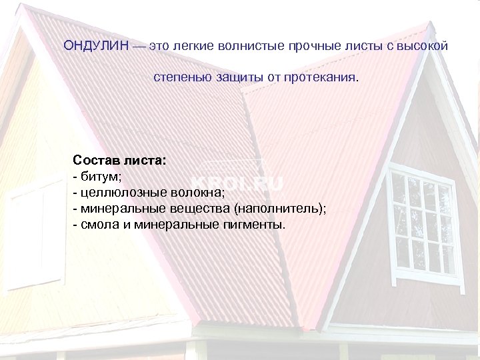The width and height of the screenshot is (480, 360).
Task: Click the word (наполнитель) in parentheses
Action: click(x=281, y=209)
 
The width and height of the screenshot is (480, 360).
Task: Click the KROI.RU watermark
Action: click(x=237, y=183)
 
